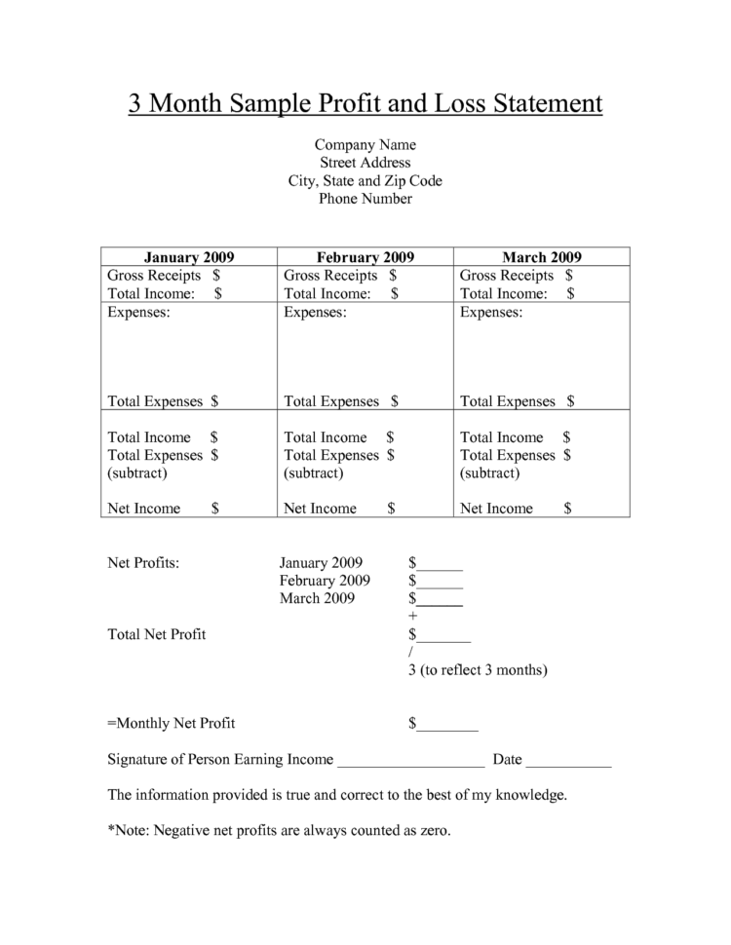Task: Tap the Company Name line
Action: [365, 145]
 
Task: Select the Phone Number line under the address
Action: [365, 199]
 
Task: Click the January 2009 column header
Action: [189, 257]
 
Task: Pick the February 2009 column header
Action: [365, 257]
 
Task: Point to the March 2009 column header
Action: [542, 257]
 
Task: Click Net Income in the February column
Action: [320, 508]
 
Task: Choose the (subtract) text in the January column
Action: [137, 472]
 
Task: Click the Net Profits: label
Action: [143, 563]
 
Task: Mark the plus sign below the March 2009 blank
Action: [413, 617]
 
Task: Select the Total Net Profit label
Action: [157, 634]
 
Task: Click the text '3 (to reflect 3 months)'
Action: [478, 670]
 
